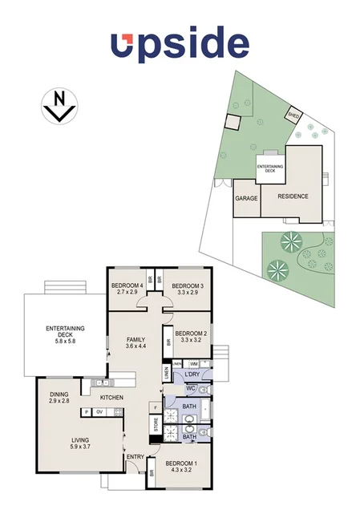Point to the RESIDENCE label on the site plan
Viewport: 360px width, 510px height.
click(293, 196)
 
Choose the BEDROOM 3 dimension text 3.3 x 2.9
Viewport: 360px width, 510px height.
click(187, 293)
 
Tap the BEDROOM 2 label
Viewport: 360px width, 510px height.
click(192, 334)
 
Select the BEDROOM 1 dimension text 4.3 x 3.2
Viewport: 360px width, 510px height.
click(180, 472)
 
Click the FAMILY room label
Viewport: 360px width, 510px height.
click(136, 340)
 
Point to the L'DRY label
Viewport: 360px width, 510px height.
click(191, 375)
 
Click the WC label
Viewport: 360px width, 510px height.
click(191, 389)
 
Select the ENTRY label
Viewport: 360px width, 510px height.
click(134, 457)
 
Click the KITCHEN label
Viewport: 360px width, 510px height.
click(111, 398)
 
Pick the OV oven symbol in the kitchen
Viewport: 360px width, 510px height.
click(100, 412)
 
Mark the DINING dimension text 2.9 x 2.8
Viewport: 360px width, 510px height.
click(59, 400)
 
